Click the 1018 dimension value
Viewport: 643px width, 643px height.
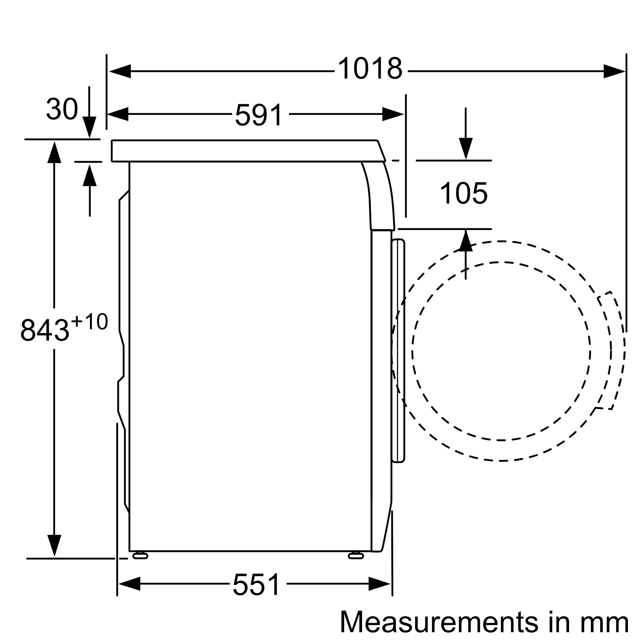(370, 68)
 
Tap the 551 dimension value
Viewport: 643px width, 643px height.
(257, 585)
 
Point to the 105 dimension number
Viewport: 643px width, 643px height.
(464, 193)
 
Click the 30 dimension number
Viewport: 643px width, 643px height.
(62, 109)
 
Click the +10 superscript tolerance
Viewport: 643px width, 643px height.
(89, 321)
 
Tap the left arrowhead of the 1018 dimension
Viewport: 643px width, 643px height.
(120, 71)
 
